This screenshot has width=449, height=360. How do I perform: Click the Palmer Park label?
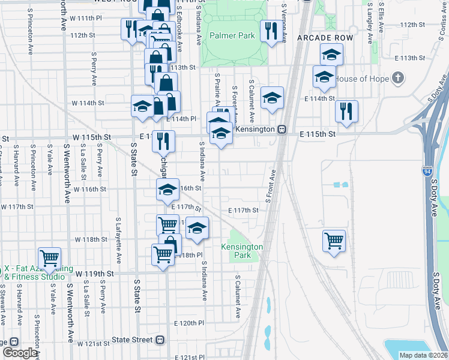[232, 36]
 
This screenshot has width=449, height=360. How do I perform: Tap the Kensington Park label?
[242, 251]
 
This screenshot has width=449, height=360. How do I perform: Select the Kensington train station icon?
[280, 129]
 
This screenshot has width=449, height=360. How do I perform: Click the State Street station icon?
[160, 340]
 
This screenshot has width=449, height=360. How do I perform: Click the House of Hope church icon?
[397, 78]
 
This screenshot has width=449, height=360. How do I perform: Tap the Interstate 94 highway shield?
[427, 172]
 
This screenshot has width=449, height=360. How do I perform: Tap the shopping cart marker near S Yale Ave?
[49, 258]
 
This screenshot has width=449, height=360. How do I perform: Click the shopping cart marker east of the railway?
[334, 241]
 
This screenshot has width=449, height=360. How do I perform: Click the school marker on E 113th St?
[331, 55]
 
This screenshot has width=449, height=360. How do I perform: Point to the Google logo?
[20, 353]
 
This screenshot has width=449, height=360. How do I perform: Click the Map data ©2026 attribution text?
[423, 355]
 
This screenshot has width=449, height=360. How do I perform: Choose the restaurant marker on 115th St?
[163, 141]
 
